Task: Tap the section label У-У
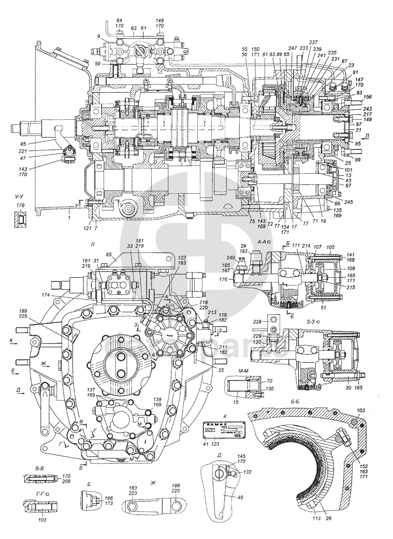pyautogui.click(x=20, y=196)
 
